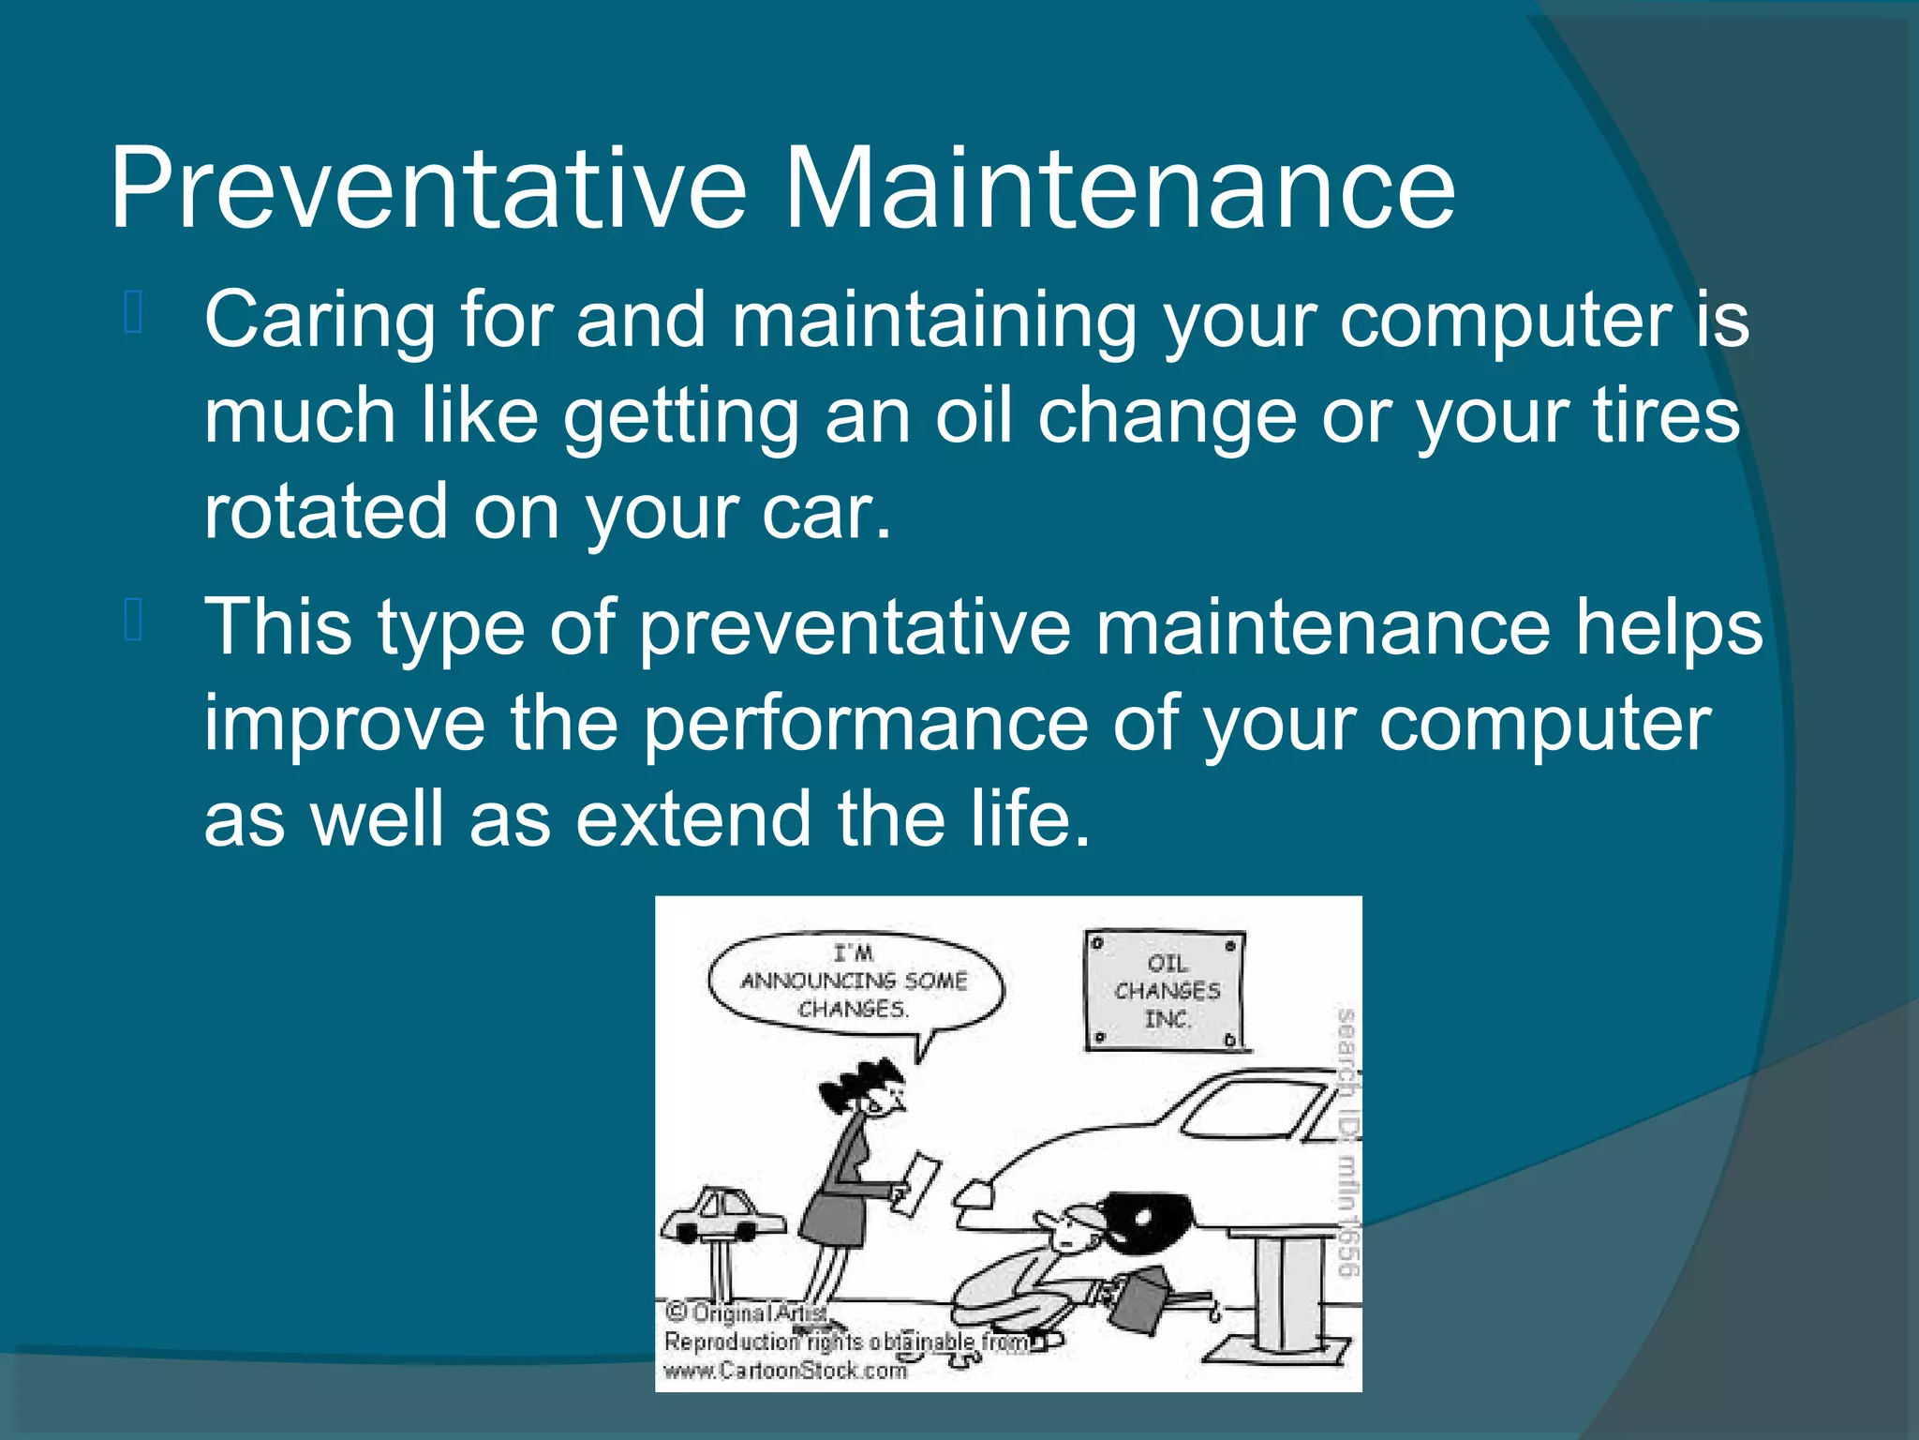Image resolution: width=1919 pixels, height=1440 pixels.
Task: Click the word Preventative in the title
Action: click(427, 187)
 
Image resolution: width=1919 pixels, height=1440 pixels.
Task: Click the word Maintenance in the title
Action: click(1119, 187)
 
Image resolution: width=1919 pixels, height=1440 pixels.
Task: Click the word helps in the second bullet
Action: click(1668, 627)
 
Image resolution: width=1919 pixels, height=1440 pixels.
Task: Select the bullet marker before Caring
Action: click(132, 313)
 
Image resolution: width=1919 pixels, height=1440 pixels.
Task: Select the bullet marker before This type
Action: click(132, 621)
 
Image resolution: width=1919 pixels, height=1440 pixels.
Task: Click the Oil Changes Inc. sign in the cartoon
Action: click(1166, 990)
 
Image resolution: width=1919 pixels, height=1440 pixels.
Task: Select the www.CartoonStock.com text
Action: click(785, 1371)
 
